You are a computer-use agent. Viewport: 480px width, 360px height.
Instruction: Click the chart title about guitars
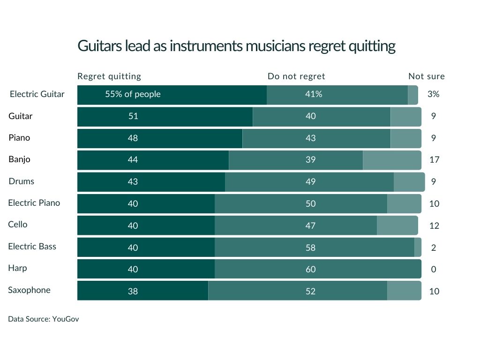(236, 46)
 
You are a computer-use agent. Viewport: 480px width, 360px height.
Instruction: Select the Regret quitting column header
(109, 76)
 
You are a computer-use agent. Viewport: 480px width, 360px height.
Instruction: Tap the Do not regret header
(296, 76)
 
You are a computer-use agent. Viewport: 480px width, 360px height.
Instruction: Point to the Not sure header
(427, 76)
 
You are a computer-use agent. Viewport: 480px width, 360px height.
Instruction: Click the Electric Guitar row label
(37, 94)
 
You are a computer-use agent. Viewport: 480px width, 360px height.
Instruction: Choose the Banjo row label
(19, 159)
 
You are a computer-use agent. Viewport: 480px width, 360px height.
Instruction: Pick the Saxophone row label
(29, 290)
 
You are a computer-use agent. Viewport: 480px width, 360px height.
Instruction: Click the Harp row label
(17, 268)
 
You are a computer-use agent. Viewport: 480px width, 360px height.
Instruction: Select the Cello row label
(18, 225)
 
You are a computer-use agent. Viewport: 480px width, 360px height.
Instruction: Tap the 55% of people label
(133, 94)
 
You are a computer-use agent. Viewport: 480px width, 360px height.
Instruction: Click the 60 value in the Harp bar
(311, 269)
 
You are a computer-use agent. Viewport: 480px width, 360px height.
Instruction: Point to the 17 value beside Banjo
(434, 160)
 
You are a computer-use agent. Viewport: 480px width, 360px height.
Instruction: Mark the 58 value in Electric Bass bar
(311, 247)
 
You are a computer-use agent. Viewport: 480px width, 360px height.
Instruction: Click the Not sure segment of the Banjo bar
(392, 160)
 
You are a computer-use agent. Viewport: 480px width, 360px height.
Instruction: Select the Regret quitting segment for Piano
(159, 138)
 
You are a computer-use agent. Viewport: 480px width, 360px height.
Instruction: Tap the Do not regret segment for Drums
(309, 182)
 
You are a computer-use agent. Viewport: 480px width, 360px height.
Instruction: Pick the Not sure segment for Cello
(397, 225)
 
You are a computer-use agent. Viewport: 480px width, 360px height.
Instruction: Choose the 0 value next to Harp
(434, 270)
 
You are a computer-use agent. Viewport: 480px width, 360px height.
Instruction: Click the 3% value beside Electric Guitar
(433, 94)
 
